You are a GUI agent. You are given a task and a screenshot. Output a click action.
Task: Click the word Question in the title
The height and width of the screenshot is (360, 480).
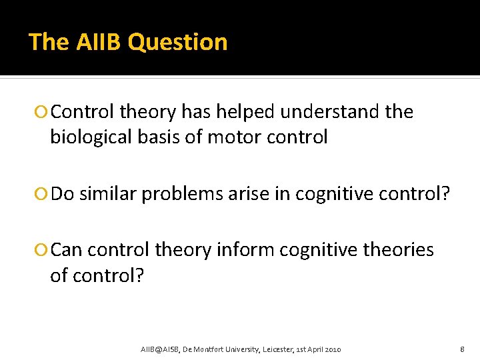(x=177, y=42)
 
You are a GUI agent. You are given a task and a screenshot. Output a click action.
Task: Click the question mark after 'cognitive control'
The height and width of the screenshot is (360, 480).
(x=445, y=193)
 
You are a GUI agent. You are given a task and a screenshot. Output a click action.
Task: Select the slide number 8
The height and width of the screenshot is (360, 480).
(x=462, y=349)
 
